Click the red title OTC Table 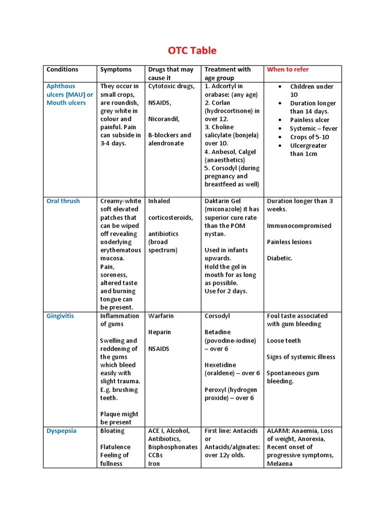(192, 51)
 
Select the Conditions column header (62, 70)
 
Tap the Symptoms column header (116, 70)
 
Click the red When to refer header (288, 70)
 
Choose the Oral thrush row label (63, 201)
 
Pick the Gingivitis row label (60, 316)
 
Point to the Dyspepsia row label (62, 431)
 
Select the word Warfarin (161, 316)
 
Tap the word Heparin (159, 332)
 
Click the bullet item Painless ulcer (309, 120)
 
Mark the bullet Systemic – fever (313, 129)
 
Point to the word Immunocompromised (299, 226)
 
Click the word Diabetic (279, 259)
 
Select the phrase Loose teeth (284, 341)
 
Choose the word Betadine (218, 332)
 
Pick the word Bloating (112, 431)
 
